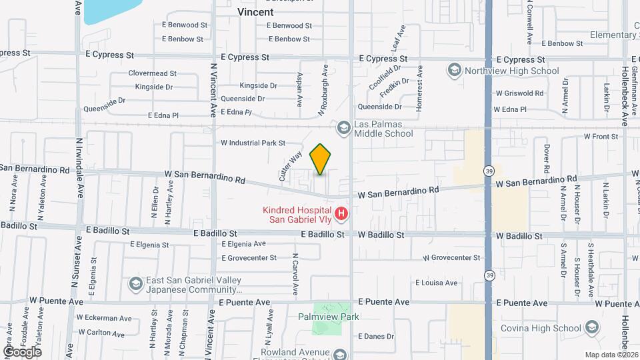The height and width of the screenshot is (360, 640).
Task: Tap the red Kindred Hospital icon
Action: [x=341, y=213]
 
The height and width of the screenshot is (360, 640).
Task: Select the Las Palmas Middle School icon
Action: [x=343, y=127]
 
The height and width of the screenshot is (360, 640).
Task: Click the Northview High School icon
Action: [x=455, y=71]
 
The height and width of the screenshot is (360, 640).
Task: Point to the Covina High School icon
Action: [x=592, y=327]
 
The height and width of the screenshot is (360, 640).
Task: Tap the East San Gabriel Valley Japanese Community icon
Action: [x=136, y=285]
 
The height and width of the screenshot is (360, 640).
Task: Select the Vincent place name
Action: [x=255, y=12]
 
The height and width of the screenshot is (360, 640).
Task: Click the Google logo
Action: [x=22, y=351]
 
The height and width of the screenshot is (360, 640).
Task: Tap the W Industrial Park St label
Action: [x=253, y=143]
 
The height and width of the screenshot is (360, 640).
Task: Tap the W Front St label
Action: [x=601, y=137]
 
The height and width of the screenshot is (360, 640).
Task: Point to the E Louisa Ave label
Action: [x=437, y=283]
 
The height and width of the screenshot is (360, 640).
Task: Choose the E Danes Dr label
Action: [x=375, y=337]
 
